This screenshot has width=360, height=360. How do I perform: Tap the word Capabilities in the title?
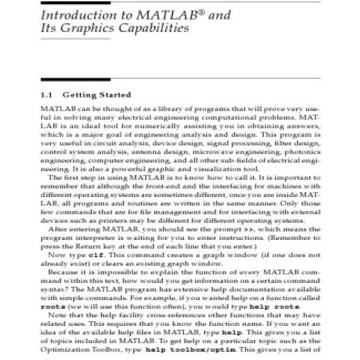pyautogui.click(x=151, y=29)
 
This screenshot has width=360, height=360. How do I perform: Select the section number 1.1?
pyautogui.click(x=48, y=95)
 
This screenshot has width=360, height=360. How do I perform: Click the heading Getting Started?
pyautogui.click(x=102, y=95)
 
